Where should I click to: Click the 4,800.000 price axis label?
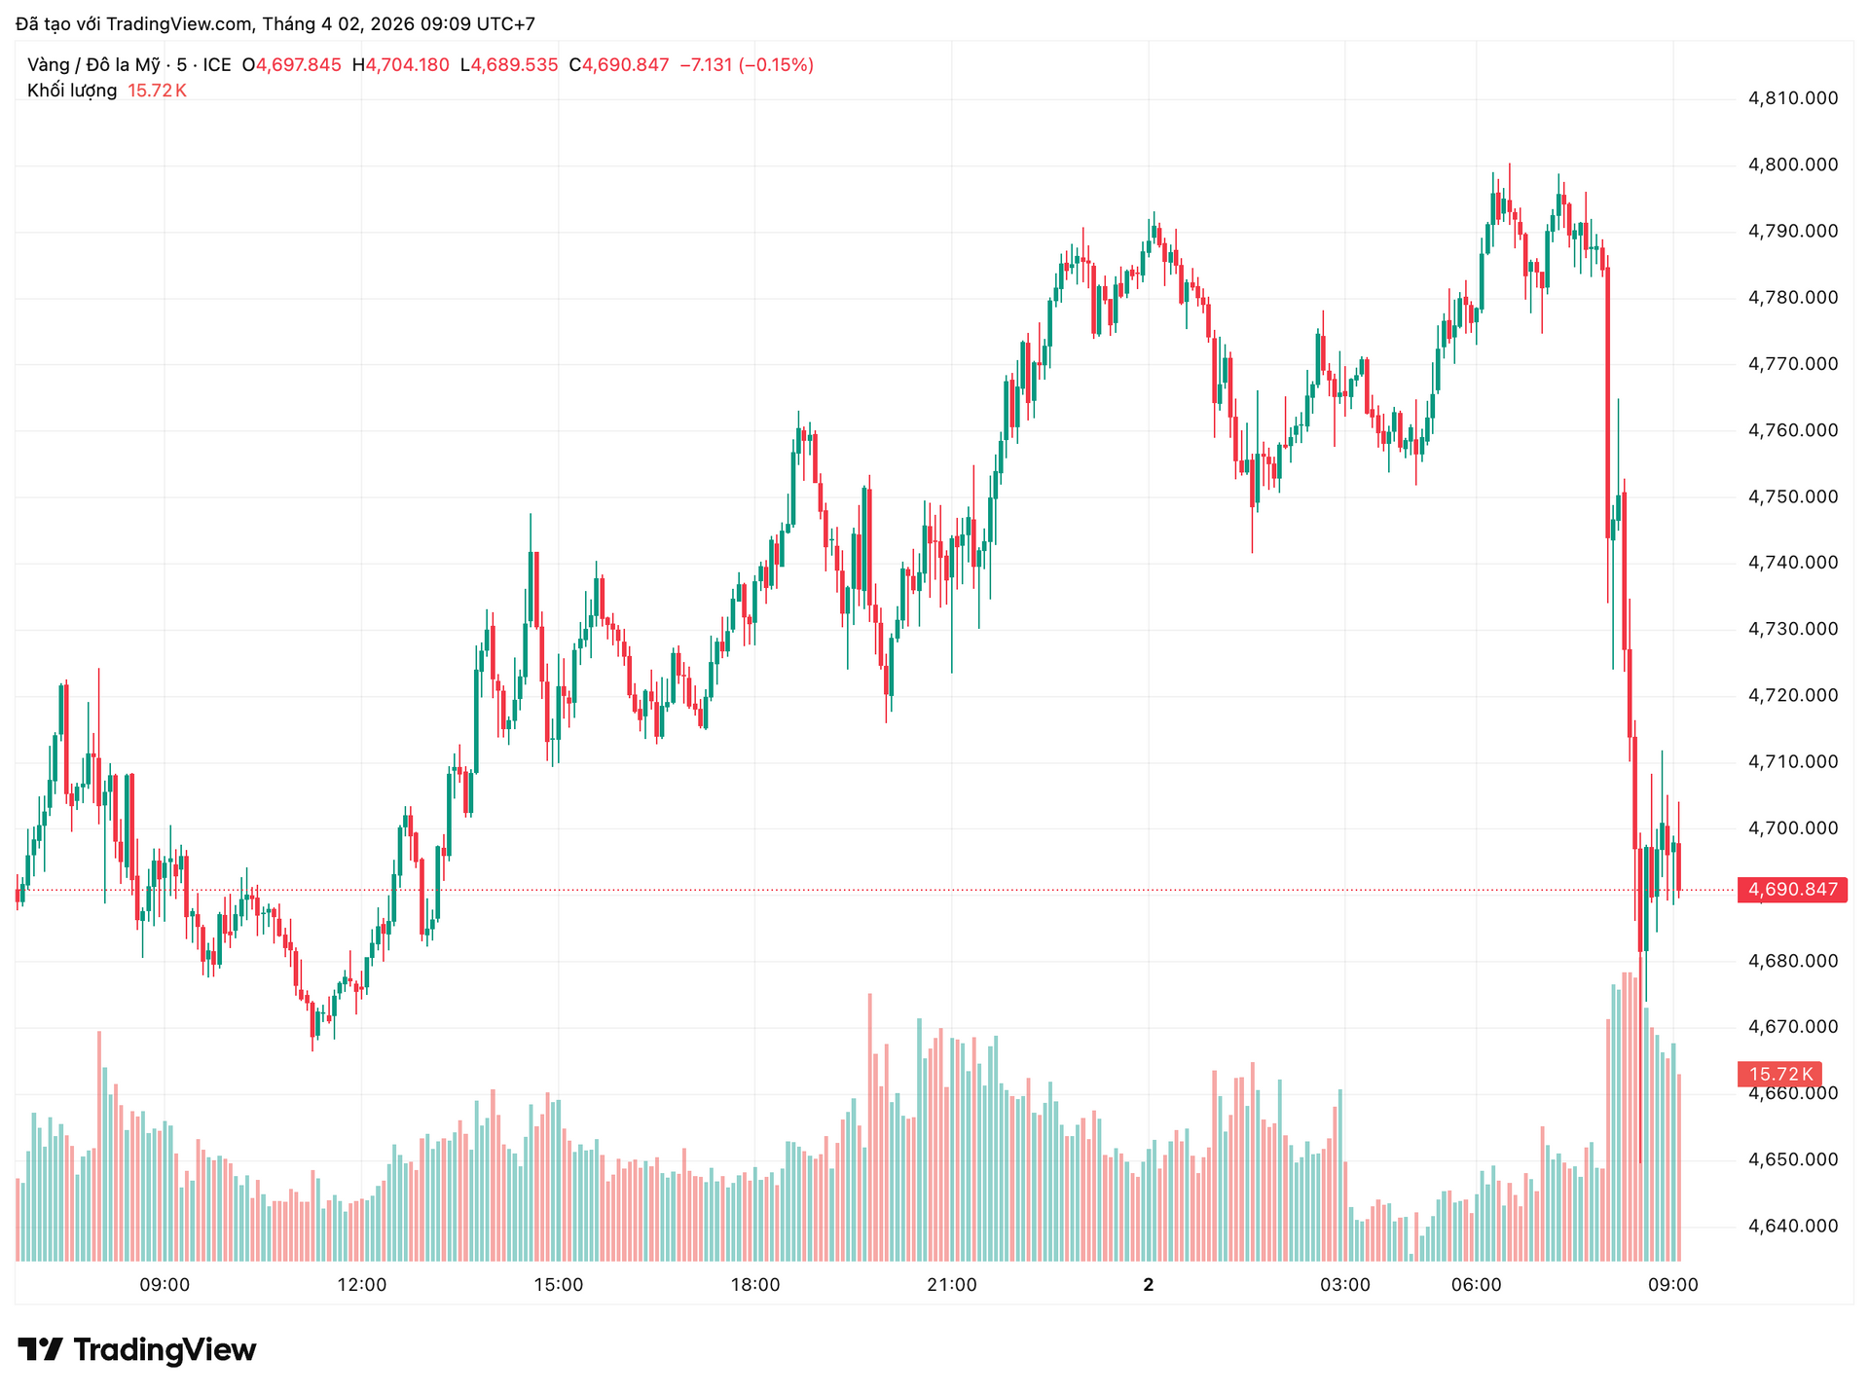[x=1793, y=165]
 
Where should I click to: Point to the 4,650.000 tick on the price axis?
[x=1793, y=1159]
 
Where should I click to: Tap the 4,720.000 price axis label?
[x=1793, y=695]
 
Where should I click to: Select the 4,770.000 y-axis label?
[x=1793, y=364]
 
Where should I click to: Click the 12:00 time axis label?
[x=362, y=1285]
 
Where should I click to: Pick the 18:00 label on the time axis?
[x=755, y=1285]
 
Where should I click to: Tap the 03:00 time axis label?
[x=1345, y=1285]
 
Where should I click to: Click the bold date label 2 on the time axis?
[x=1149, y=1285]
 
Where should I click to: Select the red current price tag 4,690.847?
[x=1792, y=890]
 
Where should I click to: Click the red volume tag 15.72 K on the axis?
[x=1780, y=1075]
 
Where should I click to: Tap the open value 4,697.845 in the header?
[x=299, y=65]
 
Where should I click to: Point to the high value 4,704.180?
[x=407, y=65]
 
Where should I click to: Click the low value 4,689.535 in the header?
[x=515, y=65]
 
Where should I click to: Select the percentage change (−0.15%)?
[x=776, y=65]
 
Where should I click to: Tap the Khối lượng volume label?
[x=72, y=91]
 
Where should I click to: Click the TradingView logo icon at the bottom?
[x=40, y=1349]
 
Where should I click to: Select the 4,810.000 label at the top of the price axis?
[x=1793, y=98]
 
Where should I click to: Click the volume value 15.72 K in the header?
[x=157, y=91]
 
